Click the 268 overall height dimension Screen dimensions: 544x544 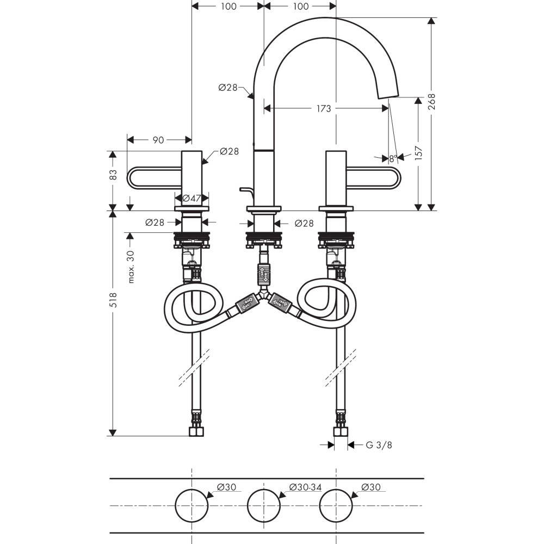[431, 102]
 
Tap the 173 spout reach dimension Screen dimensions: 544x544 [323, 109]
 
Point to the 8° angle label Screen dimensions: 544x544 [392, 159]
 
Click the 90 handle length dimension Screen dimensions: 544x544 [158, 140]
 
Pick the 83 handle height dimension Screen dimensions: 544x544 [113, 175]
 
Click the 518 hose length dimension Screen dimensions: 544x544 [113, 298]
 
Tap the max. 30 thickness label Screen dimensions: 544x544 [131, 267]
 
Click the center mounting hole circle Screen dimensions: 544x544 [264, 505]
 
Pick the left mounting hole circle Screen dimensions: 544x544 [191, 505]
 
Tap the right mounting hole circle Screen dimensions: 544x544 [336, 505]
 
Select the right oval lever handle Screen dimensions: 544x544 [375, 178]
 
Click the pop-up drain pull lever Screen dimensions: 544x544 [245, 190]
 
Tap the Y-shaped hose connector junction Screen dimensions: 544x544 [264, 296]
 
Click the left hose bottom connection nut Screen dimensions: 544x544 [196, 432]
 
